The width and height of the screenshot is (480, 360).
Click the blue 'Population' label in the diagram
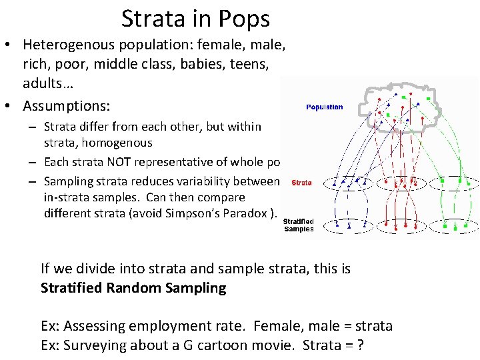325,107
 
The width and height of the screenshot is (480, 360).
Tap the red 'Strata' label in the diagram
301,183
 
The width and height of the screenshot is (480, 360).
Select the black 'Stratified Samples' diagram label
299,225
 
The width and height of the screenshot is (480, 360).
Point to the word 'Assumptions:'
67,105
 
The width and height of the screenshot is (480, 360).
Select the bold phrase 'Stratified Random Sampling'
133,288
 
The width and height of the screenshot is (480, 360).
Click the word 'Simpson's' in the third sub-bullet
197,213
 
